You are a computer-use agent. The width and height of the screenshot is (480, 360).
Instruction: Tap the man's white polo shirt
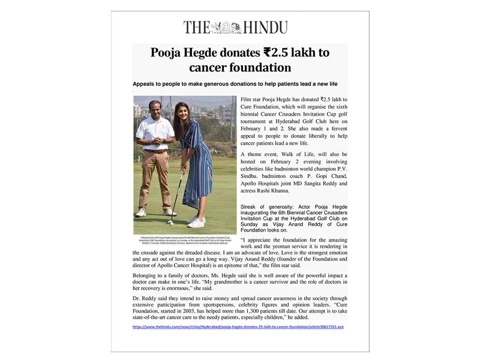pos(155,132)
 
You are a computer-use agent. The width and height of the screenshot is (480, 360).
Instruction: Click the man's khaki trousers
pos(154,177)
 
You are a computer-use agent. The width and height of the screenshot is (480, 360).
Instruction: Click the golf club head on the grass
pos(170,221)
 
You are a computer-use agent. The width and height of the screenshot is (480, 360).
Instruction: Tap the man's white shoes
pos(155,212)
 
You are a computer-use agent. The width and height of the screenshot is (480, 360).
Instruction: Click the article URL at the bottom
pos(239,326)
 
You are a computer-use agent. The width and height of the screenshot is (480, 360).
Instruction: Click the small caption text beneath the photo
pos(184,240)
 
